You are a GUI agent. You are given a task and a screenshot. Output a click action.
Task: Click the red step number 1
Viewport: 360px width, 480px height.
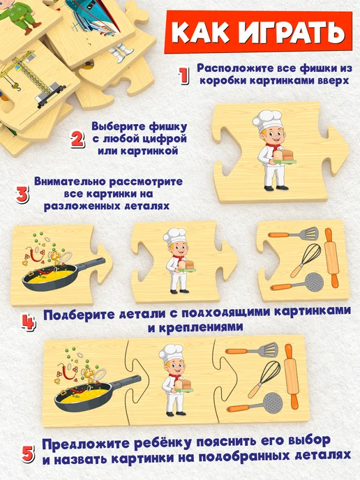click(183, 75)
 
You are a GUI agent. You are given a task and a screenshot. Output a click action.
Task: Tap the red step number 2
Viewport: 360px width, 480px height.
click(77, 140)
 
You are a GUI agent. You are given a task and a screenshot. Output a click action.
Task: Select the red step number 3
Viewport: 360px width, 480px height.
click(22, 194)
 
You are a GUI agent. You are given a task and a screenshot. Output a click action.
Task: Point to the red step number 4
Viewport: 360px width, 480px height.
click(29, 322)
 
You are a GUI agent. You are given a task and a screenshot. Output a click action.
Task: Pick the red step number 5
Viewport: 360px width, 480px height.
click(27, 454)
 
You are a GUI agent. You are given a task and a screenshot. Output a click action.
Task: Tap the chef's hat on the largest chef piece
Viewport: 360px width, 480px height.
click(267, 120)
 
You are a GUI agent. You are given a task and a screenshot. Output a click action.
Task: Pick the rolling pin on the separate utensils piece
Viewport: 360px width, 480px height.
click(331, 258)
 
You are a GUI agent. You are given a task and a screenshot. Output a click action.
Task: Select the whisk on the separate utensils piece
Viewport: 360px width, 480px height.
click(306, 260)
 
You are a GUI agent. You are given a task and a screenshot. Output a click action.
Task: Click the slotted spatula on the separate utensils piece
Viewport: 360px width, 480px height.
click(293, 234)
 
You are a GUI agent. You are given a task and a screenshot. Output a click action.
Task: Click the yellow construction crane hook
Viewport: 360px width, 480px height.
click(17, 89)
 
